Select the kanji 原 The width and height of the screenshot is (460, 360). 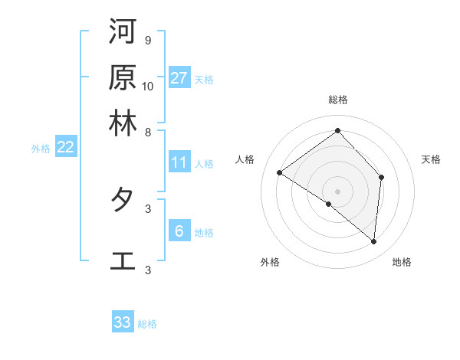(123, 77)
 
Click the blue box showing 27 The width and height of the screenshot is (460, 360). (179, 78)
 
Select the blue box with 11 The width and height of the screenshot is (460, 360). (179, 162)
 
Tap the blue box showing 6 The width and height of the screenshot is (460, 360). (179, 231)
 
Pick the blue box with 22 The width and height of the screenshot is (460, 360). (65, 148)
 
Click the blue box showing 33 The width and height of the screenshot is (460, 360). (123, 322)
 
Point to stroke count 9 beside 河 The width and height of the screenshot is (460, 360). (147, 40)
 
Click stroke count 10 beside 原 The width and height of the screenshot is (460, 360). (147, 86)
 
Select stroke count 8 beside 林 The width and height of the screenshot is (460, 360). (147, 132)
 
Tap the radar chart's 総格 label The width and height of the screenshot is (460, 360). (338, 100)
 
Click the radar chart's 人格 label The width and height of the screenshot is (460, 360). (245, 159)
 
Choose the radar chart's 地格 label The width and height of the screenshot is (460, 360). (402, 263)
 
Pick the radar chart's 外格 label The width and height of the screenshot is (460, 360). (270, 263)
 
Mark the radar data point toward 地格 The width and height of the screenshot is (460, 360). (374, 242)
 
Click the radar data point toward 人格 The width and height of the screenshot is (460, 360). (280, 173)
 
